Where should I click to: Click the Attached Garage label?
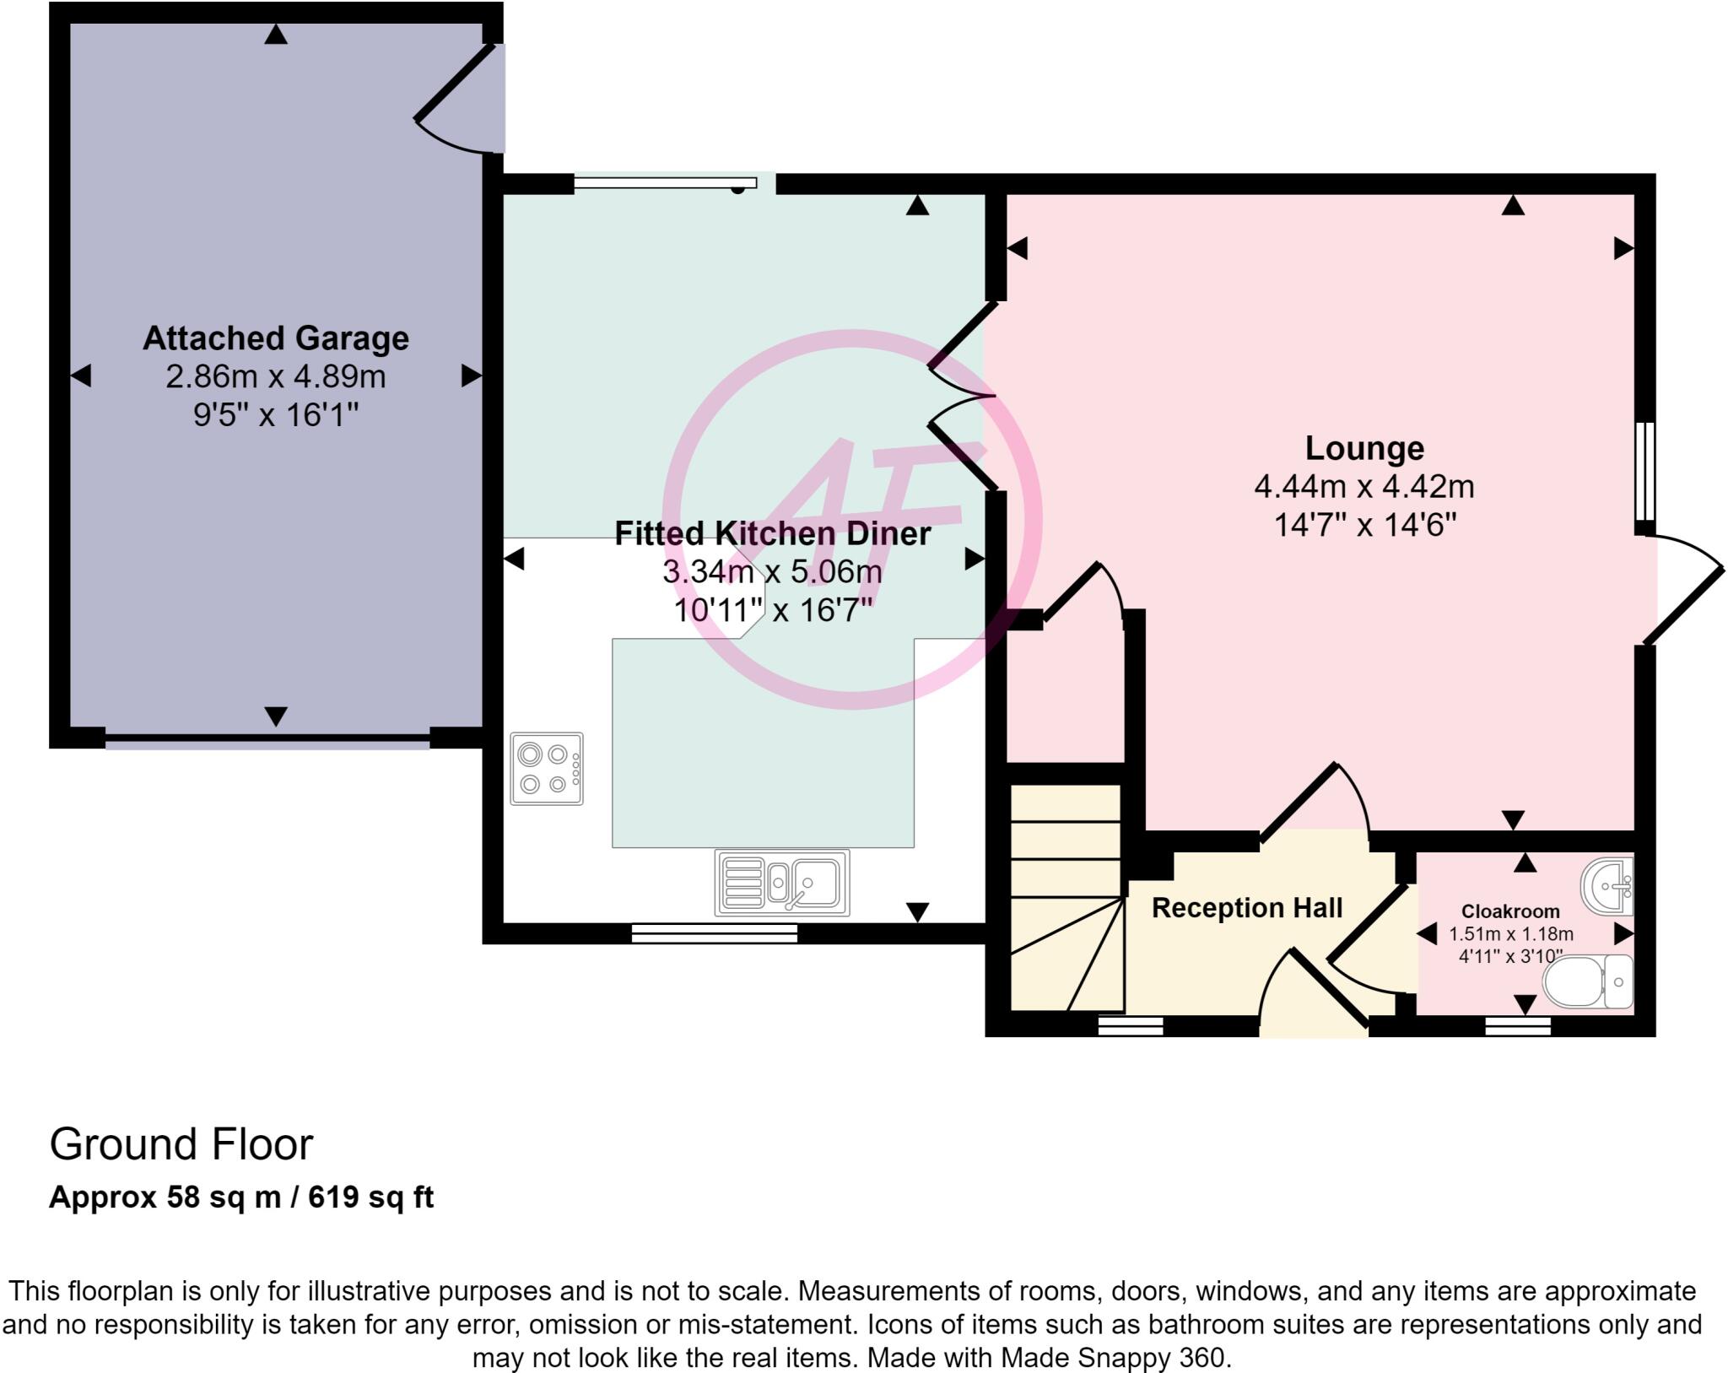pos(276,338)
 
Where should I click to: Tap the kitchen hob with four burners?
pos(547,769)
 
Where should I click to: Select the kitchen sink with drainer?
pos(782,883)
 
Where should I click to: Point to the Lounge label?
pos(1364,448)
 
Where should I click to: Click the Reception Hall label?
pos(1247,908)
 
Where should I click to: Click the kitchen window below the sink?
pos(715,932)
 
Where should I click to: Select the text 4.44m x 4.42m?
pos(1364,487)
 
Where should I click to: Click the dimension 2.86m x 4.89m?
pos(276,376)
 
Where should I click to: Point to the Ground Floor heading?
pos(181,1145)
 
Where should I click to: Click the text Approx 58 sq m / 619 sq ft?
pos(241,1197)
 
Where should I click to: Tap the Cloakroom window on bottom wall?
pos(1518,1026)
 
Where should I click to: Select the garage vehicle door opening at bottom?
pos(267,741)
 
